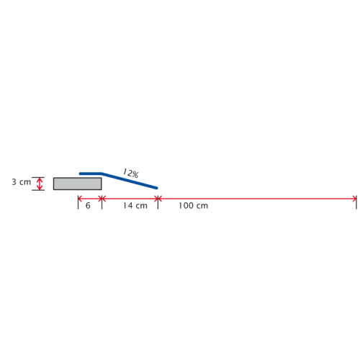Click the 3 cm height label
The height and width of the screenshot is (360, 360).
pyautogui.click(x=22, y=182)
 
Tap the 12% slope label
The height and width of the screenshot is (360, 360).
pyautogui.click(x=130, y=173)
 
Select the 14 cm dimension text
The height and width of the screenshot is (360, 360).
pyautogui.click(x=135, y=206)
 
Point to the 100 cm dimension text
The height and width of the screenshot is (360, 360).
pyautogui.click(x=193, y=206)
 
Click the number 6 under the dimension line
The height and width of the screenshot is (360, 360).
pyautogui.click(x=88, y=206)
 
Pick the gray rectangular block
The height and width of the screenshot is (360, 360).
pyautogui.click(x=77, y=184)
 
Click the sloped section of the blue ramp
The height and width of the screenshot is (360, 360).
pyautogui.click(x=130, y=181)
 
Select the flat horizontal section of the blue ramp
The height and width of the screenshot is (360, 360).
pyautogui.click(x=91, y=174)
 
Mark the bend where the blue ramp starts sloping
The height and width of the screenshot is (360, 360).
pyautogui.click(x=102, y=174)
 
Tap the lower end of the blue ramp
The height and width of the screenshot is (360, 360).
pyautogui.click(x=157, y=188)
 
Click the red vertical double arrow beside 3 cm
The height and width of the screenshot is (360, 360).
pyautogui.click(x=40, y=184)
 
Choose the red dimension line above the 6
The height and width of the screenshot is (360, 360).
pyautogui.click(x=90, y=199)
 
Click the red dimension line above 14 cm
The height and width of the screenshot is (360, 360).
pyautogui.click(x=130, y=199)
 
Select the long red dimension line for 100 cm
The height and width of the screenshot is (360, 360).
pyautogui.click(x=257, y=199)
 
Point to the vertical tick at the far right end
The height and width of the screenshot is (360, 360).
pyautogui.click(x=356, y=202)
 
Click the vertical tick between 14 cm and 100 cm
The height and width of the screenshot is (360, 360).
pyautogui.click(x=158, y=202)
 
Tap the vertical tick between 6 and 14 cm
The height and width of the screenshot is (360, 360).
pyautogui.click(x=102, y=202)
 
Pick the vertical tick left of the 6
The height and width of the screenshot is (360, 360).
pyautogui.click(x=78, y=202)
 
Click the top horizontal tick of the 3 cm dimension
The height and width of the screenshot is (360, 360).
pyautogui.click(x=38, y=177)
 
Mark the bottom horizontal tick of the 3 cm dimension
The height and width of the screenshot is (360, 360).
pyautogui.click(x=38, y=190)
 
